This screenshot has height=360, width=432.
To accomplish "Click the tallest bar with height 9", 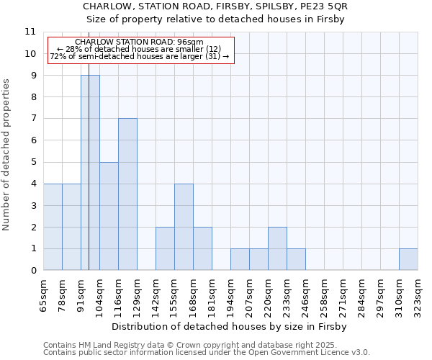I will point(90,173).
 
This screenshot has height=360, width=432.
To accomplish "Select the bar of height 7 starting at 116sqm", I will point(127,194).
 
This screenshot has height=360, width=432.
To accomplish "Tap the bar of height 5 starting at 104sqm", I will point(109,216).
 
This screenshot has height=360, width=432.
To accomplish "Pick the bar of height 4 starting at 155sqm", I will point(184,227).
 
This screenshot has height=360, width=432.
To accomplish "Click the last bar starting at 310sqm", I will point(408,259).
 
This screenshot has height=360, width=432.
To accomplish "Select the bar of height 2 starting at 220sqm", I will point(277,248).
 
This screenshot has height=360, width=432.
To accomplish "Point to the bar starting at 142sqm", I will point(165,248).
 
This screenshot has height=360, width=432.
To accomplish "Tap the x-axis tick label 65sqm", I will point(44,295).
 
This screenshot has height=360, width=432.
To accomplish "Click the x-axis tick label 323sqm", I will point(418,295).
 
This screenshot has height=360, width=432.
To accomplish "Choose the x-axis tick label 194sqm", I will point(231,295).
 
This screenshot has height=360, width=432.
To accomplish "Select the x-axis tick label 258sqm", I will point(325,295).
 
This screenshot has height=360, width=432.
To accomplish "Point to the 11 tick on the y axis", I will point(30,32).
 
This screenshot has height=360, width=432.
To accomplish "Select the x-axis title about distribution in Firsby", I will point(230,326).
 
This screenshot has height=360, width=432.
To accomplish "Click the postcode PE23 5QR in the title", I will point(326,6).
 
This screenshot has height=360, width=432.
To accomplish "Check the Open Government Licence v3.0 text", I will point(310,353).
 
